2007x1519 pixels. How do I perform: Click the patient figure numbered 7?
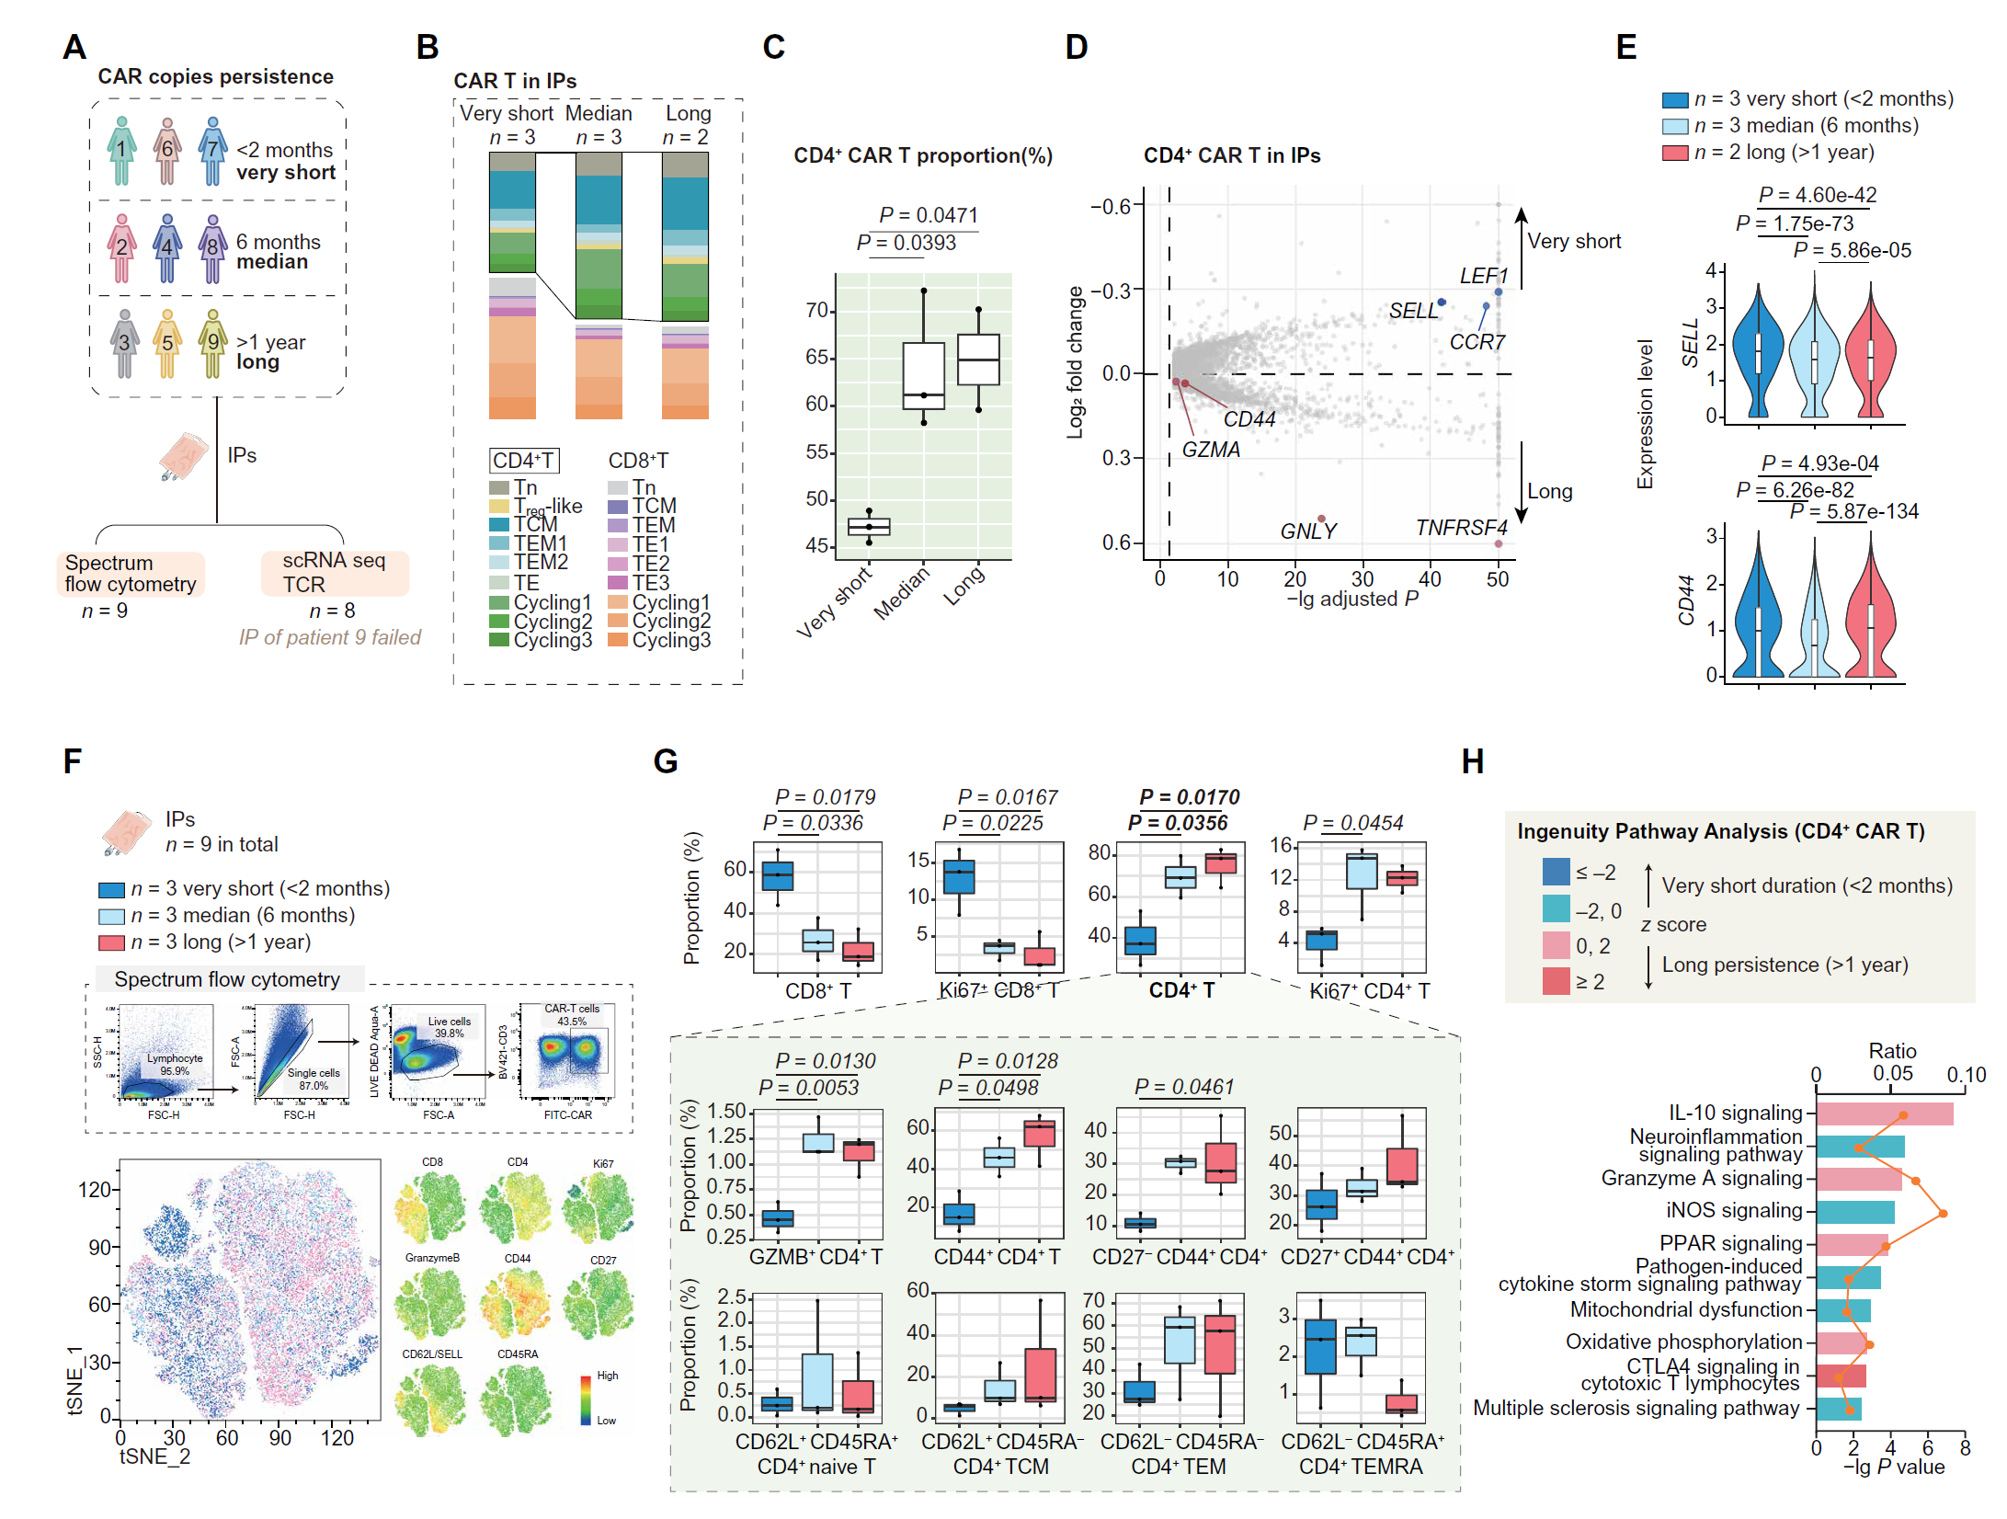(212, 150)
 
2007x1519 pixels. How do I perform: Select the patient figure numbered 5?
(167, 343)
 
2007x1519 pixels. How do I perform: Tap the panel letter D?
(1076, 47)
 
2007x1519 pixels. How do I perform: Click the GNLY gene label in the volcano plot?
(1307, 531)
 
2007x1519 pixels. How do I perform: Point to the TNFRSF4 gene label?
(1461, 528)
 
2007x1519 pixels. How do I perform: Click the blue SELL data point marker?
(1442, 303)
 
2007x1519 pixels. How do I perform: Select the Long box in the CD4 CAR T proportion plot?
(978, 360)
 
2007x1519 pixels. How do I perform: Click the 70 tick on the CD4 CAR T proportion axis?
(817, 311)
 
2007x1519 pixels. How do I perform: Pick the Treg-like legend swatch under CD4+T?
(499, 507)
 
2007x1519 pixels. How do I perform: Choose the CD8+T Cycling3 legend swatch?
(618, 640)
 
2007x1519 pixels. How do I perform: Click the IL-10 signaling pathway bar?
(1884, 1114)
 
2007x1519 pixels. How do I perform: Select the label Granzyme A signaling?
(1702, 1179)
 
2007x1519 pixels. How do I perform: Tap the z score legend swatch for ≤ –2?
(1556, 872)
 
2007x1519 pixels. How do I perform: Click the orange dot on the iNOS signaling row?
(1943, 1214)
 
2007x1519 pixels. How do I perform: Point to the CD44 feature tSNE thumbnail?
(517, 1302)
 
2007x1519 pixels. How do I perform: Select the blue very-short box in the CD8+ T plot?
(778, 875)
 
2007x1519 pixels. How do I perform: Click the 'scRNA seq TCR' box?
(334, 573)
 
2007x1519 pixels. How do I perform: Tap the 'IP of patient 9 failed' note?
(330, 638)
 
